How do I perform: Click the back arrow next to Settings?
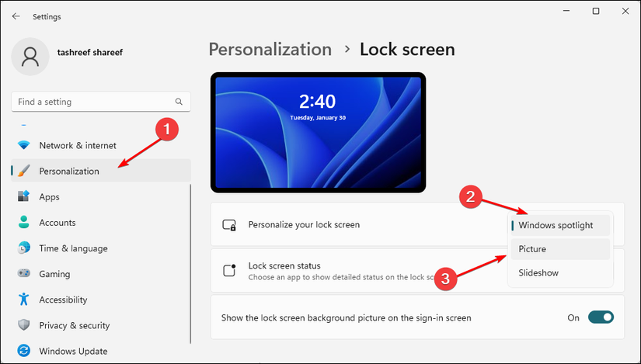pyautogui.click(x=16, y=16)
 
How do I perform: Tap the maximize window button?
pyautogui.click(x=595, y=12)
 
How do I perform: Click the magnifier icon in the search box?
pyautogui.click(x=179, y=102)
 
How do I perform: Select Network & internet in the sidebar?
pyautogui.click(x=78, y=145)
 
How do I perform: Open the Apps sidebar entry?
pyautogui.click(x=50, y=197)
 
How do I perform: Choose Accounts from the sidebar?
pyautogui.click(x=57, y=223)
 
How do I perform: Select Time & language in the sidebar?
pyautogui.click(x=73, y=248)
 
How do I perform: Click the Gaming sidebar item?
pyautogui.click(x=54, y=274)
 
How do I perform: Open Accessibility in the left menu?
pyautogui.click(x=63, y=300)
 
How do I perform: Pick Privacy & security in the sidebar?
pyautogui.click(x=74, y=325)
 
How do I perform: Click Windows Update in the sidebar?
pyautogui.click(x=74, y=351)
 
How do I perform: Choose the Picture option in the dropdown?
pyautogui.click(x=533, y=249)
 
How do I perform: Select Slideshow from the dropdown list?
pyautogui.click(x=538, y=272)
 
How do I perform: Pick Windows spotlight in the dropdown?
pyautogui.click(x=556, y=225)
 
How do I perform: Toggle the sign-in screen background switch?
pyautogui.click(x=601, y=317)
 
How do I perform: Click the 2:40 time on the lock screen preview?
pyautogui.click(x=317, y=102)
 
